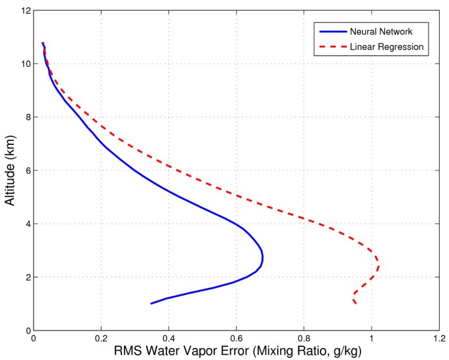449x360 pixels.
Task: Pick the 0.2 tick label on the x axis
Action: pos(101,339)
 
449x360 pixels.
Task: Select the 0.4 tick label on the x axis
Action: pos(168,339)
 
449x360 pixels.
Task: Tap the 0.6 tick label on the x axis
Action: pos(236,339)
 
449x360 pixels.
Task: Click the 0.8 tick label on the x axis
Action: pos(303,339)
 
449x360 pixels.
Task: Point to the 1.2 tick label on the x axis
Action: pos(438,339)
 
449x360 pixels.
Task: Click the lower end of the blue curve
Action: pos(151,303)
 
